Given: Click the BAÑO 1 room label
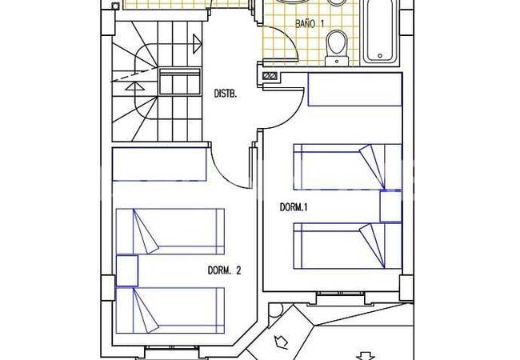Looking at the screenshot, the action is pyautogui.click(x=310, y=24).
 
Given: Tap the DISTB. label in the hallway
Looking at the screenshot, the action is pyautogui.click(x=226, y=94).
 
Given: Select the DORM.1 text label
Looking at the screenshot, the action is pyautogui.click(x=294, y=207).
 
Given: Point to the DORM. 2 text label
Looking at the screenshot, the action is pyautogui.click(x=225, y=270).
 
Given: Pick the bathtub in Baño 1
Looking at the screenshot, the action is pyautogui.click(x=380, y=32).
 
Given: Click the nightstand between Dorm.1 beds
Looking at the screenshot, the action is pyautogui.click(x=390, y=206).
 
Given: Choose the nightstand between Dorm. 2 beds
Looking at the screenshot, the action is pyautogui.click(x=127, y=270).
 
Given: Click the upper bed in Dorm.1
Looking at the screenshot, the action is pyautogui.click(x=347, y=166).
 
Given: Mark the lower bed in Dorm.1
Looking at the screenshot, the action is pyautogui.click(x=347, y=246).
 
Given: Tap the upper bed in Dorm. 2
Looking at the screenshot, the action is pyautogui.click(x=170, y=231).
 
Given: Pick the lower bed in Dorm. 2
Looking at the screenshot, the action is pyautogui.click(x=170, y=310).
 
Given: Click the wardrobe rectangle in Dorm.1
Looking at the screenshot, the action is pyautogui.click(x=355, y=89).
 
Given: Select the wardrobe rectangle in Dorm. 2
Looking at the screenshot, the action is pyautogui.click(x=159, y=165).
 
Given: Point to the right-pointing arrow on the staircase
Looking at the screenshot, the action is pyautogui.click(x=197, y=43).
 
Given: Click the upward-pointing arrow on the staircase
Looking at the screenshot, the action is pyautogui.click(x=136, y=86).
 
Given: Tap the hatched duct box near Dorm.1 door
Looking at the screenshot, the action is pyautogui.click(x=270, y=76).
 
